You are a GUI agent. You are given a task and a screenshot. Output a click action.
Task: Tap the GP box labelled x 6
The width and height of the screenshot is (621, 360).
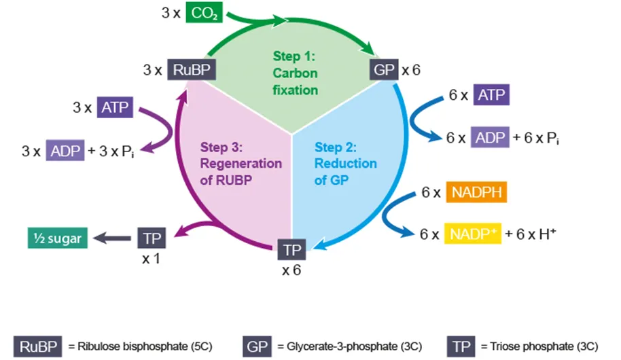click(383, 70)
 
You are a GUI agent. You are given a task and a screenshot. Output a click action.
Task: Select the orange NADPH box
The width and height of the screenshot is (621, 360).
click(476, 193)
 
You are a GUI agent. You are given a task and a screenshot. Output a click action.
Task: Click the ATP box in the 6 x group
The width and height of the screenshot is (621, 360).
click(491, 95)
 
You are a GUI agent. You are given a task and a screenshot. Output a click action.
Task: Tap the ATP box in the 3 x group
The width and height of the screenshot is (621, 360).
click(116, 107)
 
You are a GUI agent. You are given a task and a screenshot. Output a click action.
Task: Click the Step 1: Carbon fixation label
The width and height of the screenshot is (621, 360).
click(295, 72)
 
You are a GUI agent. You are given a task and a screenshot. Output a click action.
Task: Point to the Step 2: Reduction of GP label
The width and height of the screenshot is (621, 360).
click(345, 164)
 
